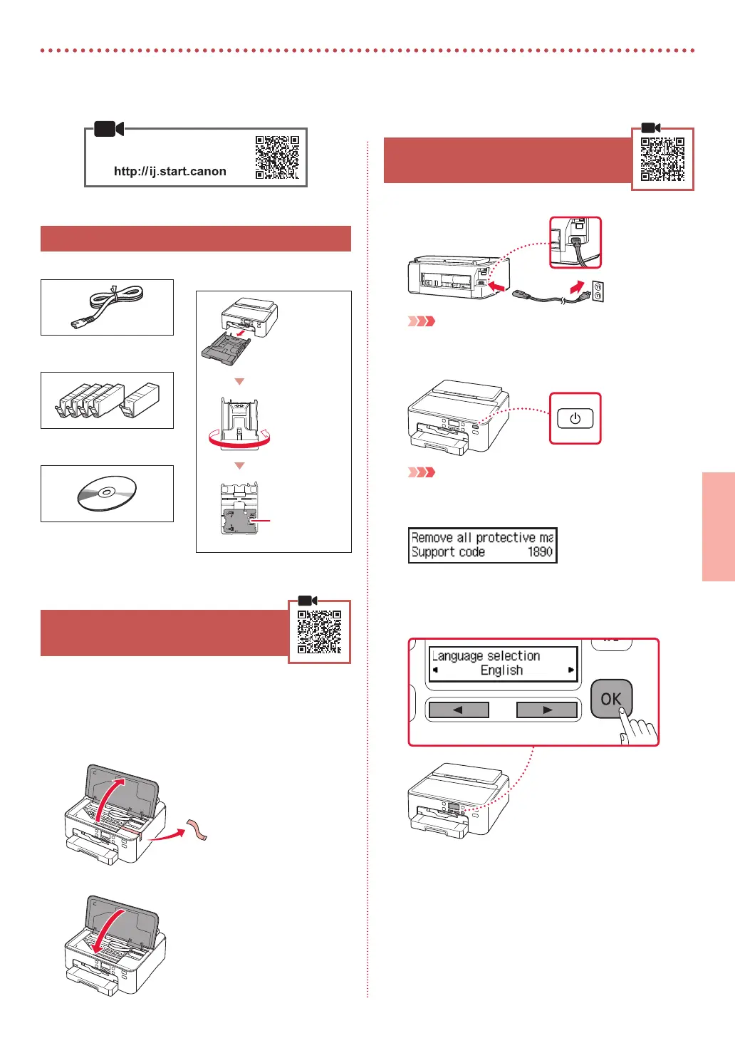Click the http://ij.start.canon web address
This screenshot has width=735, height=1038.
tap(170, 171)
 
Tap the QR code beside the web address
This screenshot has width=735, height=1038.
tap(278, 157)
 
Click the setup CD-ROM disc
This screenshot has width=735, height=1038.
tap(107, 493)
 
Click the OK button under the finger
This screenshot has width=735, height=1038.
tap(610, 698)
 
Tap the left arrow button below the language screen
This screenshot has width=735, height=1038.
tap(458, 710)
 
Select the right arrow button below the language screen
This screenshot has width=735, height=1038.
tap(546, 710)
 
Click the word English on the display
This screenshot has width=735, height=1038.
tap(501, 670)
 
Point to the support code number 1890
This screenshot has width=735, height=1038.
tap(540, 552)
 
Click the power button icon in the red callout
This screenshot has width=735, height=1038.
tap(575, 419)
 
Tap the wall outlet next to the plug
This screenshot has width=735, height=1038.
tap(598, 291)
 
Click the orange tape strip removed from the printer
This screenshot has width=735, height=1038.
tap(197, 831)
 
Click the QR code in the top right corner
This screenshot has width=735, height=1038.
tap(662, 159)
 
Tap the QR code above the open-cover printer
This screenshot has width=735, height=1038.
tap(319, 631)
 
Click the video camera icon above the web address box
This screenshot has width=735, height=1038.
tap(108, 129)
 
